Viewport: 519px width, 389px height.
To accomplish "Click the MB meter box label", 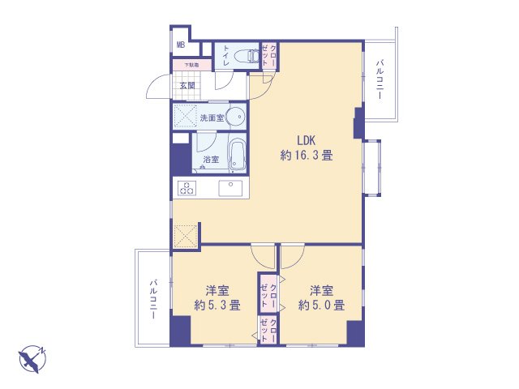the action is click(181, 45).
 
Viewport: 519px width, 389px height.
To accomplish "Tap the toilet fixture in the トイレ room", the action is click(247, 56).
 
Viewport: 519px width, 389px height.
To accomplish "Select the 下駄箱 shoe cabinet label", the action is click(191, 65).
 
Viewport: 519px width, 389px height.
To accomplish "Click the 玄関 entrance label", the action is click(187, 86).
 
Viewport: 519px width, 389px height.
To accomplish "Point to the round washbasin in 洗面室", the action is click(236, 117).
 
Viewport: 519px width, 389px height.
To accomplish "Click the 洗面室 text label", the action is click(212, 118).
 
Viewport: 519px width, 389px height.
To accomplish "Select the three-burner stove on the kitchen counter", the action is click(187, 188).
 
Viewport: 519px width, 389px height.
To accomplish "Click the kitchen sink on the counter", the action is click(230, 188).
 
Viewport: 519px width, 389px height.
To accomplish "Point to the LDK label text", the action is click(307, 140).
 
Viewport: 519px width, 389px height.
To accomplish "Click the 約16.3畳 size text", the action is click(307, 155).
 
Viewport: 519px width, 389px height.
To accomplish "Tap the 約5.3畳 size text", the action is click(217, 305).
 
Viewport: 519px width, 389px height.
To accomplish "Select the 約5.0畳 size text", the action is click(321, 305).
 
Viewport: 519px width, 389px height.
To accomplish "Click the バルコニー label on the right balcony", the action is click(380, 79).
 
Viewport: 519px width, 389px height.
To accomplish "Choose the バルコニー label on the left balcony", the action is click(153, 299).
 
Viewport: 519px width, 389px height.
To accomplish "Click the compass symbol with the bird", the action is click(32, 359).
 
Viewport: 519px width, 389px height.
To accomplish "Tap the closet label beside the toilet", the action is click(269, 56).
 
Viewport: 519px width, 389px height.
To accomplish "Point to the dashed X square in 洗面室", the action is click(185, 116).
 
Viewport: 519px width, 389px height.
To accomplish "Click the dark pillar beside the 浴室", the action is click(181, 160).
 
